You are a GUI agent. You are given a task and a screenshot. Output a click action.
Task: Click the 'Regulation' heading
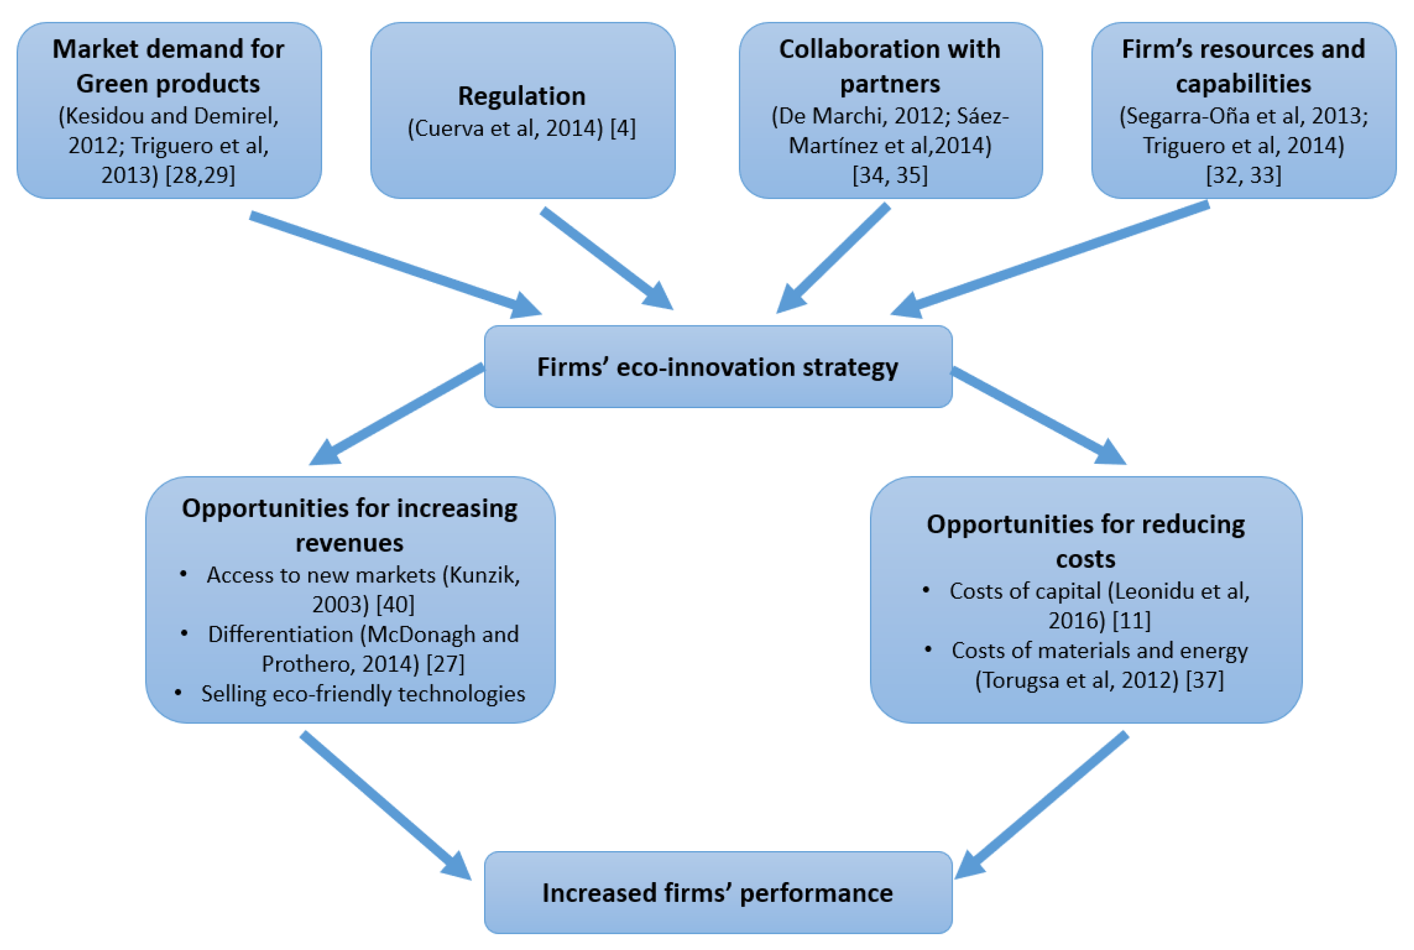pos(522,96)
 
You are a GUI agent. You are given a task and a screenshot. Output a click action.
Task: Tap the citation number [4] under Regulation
pos(623,128)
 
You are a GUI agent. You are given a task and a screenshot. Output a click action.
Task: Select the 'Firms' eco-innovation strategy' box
pos(718,367)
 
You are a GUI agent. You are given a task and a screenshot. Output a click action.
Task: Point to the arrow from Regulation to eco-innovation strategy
pos(606,258)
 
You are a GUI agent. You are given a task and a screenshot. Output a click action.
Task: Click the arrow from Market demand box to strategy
pos(394,264)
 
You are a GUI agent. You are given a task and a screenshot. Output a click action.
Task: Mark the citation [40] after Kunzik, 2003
pos(395,605)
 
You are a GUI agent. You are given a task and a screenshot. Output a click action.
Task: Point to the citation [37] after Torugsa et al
pos(1205,680)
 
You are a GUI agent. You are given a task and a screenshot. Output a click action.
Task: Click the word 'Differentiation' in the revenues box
pos(280,634)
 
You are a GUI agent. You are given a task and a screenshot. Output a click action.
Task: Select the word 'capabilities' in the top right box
pos(1243,84)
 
